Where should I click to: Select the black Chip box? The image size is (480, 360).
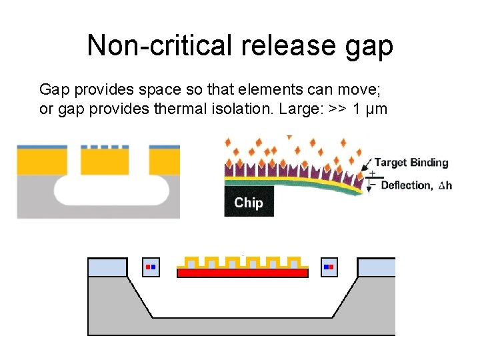(249, 203)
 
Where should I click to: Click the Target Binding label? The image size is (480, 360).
(411, 163)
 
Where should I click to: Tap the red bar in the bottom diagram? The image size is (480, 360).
(243, 273)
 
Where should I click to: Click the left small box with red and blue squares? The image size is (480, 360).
(151, 267)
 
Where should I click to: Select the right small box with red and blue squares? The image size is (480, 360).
(329, 267)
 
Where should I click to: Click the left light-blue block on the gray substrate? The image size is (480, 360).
(107, 267)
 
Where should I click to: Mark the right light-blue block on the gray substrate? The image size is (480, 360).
(377, 267)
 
